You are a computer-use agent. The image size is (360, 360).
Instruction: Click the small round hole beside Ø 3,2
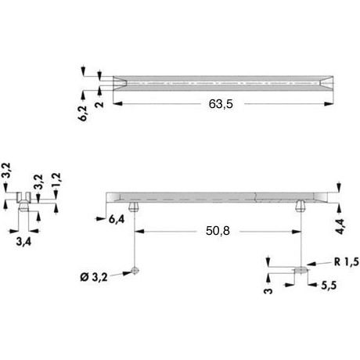(135, 272)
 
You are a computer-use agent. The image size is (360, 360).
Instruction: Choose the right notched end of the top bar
(323, 81)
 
